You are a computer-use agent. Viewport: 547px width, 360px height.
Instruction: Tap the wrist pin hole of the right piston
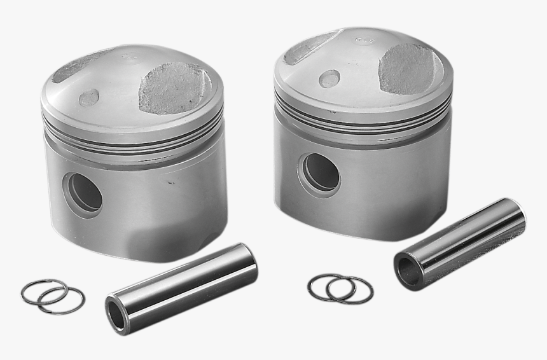[321, 172]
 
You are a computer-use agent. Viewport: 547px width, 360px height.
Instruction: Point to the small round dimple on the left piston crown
[88, 97]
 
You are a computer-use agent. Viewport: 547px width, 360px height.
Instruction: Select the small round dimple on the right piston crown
[329, 78]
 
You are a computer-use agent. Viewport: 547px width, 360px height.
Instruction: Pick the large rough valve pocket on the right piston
[409, 68]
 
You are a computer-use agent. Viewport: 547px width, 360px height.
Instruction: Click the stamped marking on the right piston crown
[364, 41]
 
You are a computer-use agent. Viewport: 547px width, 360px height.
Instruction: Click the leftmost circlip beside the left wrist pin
[43, 291]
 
